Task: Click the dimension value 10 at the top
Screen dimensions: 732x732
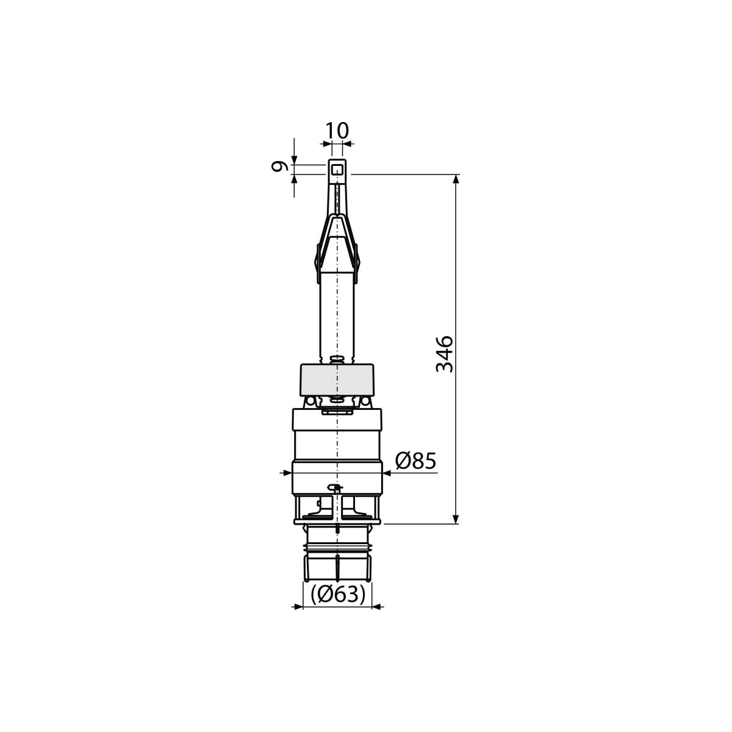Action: coord(337,131)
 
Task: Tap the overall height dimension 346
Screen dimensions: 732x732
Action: coord(445,354)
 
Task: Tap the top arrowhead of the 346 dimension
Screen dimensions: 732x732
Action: coord(457,179)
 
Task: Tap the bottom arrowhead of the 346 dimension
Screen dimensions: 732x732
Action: coord(457,519)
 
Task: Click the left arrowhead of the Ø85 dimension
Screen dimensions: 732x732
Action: coord(287,473)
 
